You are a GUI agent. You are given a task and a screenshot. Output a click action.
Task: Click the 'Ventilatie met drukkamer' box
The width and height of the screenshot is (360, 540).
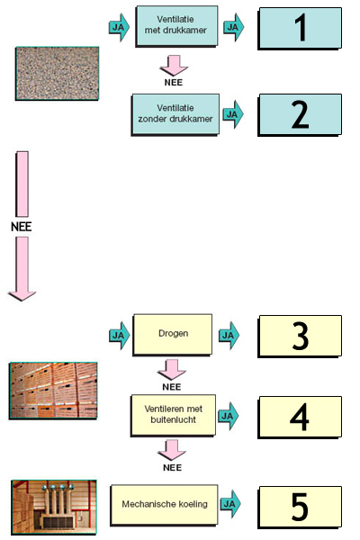click(x=176, y=26)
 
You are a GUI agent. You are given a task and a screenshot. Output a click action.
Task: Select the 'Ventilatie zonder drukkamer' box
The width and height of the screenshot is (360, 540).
click(x=175, y=114)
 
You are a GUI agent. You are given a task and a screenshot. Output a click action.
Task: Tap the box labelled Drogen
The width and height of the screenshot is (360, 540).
click(x=173, y=335)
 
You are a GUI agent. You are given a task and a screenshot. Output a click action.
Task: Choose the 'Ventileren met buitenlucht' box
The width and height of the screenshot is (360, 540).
click(x=174, y=415)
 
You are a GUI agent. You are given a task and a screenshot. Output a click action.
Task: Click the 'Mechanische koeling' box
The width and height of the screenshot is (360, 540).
click(x=165, y=505)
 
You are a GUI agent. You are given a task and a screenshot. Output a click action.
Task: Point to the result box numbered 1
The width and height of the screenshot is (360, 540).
click(x=300, y=29)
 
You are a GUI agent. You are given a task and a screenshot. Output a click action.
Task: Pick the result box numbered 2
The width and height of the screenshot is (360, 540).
click(x=300, y=114)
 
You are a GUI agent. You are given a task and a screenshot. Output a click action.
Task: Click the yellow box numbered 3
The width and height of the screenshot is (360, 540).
click(x=300, y=336)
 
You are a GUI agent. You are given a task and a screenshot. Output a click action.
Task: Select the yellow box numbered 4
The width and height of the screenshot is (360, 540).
click(x=300, y=417)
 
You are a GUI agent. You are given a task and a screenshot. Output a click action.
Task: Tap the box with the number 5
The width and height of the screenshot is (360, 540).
click(x=300, y=507)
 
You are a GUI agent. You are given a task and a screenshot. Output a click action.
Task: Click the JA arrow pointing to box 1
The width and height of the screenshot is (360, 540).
click(x=234, y=27)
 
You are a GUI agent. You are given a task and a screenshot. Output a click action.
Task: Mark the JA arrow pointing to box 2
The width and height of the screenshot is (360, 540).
click(x=233, y=114)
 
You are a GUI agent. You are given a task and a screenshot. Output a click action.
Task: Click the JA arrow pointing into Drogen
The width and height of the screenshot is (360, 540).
click(x=120, y=336)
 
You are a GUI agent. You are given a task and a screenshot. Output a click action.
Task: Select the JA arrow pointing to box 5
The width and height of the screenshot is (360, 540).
click(x=230, y=504)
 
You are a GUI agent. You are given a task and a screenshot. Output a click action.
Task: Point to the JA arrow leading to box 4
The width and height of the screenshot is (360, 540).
click(x=228, y=416)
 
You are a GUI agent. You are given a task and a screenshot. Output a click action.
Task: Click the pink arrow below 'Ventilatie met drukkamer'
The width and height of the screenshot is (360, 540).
click(x=174, y=66)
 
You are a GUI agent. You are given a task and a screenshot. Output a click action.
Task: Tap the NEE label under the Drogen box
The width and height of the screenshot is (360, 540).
click(x=172, y=387)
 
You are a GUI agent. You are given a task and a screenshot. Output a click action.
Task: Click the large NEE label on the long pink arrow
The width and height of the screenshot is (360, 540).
click(x=22, y=227)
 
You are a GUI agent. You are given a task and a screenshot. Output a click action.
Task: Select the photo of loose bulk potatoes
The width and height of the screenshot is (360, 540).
click(x=58, y=74)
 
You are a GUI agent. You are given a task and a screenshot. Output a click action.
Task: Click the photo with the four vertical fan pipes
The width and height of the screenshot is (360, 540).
click(x=54, y=507)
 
